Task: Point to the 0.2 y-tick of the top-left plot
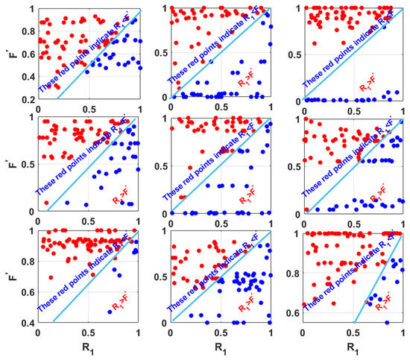click(x=25, y=98)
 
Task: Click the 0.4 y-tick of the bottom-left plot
click(x=25, y=323)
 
